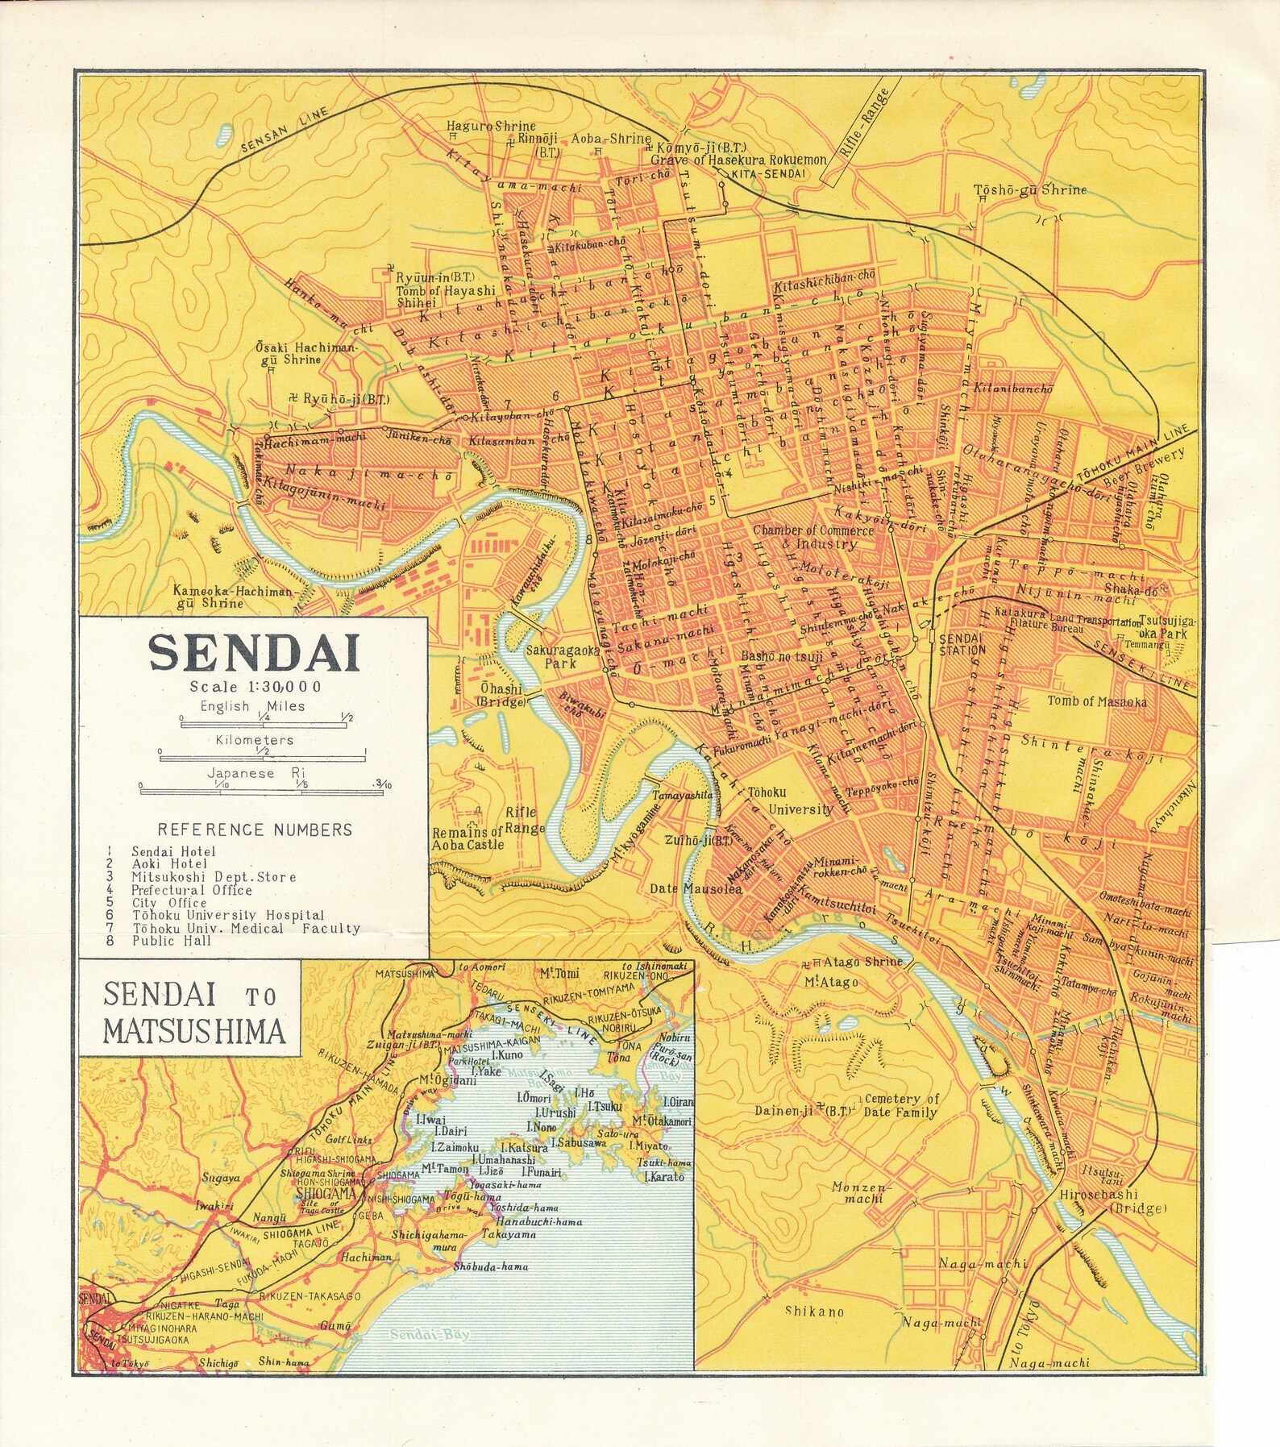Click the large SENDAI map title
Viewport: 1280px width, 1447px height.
click(254, 654)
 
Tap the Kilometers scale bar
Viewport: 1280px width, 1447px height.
click(263, 758)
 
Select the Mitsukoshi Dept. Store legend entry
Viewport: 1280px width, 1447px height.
click(214, 877)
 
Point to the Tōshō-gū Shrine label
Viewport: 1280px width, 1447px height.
click(1029, 190)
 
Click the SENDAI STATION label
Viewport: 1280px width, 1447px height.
click(962, 644)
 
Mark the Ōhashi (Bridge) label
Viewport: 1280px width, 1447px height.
click(501, 695)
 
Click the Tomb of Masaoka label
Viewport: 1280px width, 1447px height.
click(1096, 701)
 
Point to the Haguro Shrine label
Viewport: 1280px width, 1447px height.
click(492, 127)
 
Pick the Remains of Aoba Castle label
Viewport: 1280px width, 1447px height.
click(468, 838)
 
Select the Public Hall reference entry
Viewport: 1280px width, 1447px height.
click(172, 941)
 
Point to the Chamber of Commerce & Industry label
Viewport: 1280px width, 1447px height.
click(812, 537)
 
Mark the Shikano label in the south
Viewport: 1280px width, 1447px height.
click(814, 1312)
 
